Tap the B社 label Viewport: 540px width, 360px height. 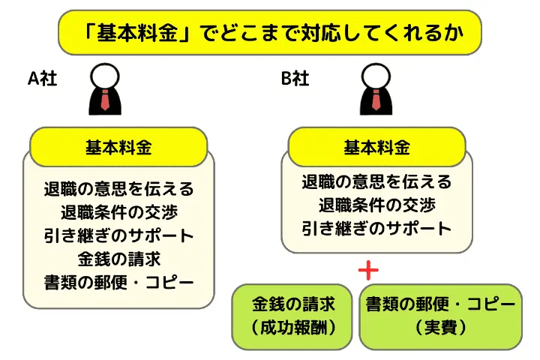tap(295, 79)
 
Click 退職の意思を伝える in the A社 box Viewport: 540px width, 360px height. tap(119, 188)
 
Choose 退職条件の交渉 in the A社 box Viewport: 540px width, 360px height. tap(119, 211)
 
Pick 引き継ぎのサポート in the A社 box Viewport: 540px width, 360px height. tap(119, 235)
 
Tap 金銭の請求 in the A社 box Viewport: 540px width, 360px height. tap(119, 259)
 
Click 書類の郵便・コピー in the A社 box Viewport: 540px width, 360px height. tap(119, 283)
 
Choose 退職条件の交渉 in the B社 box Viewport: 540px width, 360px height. tap(376, 205)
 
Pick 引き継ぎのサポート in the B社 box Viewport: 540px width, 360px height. tap(376, 228)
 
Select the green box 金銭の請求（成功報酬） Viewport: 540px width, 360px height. tap(292, 316)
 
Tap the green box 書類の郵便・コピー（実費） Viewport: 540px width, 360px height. tap(440, 316)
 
